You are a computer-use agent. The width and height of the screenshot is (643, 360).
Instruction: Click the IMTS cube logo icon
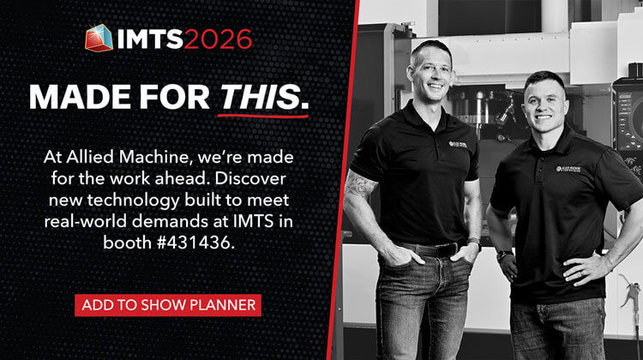tap(99, 38)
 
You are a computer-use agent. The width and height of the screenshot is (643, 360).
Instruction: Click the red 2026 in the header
tap(218, 39)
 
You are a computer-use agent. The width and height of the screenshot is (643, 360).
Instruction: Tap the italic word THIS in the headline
tap(261, 97)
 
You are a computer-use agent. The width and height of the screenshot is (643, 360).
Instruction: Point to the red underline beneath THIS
tap(263, 116)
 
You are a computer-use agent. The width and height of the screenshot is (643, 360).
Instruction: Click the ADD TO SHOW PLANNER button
tap(168, 305)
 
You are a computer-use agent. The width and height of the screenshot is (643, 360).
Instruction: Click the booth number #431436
tap(196, 243)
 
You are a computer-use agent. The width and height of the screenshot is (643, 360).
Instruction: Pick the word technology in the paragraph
tap(133, 201)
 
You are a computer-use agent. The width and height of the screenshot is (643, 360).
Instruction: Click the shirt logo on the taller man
tap(458, 144)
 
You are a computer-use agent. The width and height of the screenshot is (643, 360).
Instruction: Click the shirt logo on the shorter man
tap(568, 169)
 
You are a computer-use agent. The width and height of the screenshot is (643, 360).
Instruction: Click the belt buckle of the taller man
tap(451, 249)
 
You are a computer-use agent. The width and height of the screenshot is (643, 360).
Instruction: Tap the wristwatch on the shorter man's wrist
tap(503, 255)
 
